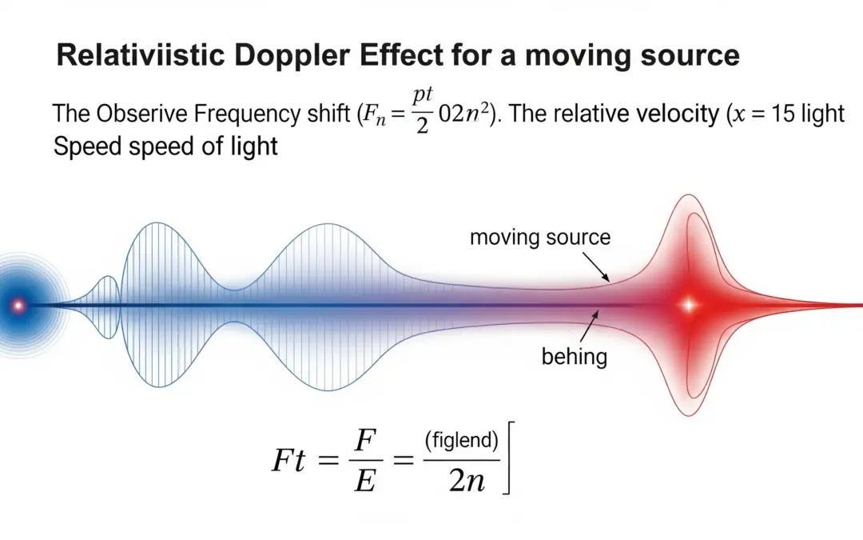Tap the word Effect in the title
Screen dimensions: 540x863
(x=435, y=56)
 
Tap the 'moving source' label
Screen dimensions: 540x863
(x=540, y=238)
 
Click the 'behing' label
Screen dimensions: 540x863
(x=575, y=356)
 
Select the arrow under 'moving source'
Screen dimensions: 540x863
(x=597, y=265)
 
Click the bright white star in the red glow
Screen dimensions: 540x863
(x=689, y=305)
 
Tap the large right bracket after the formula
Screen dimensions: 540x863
(x=507, y=460)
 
